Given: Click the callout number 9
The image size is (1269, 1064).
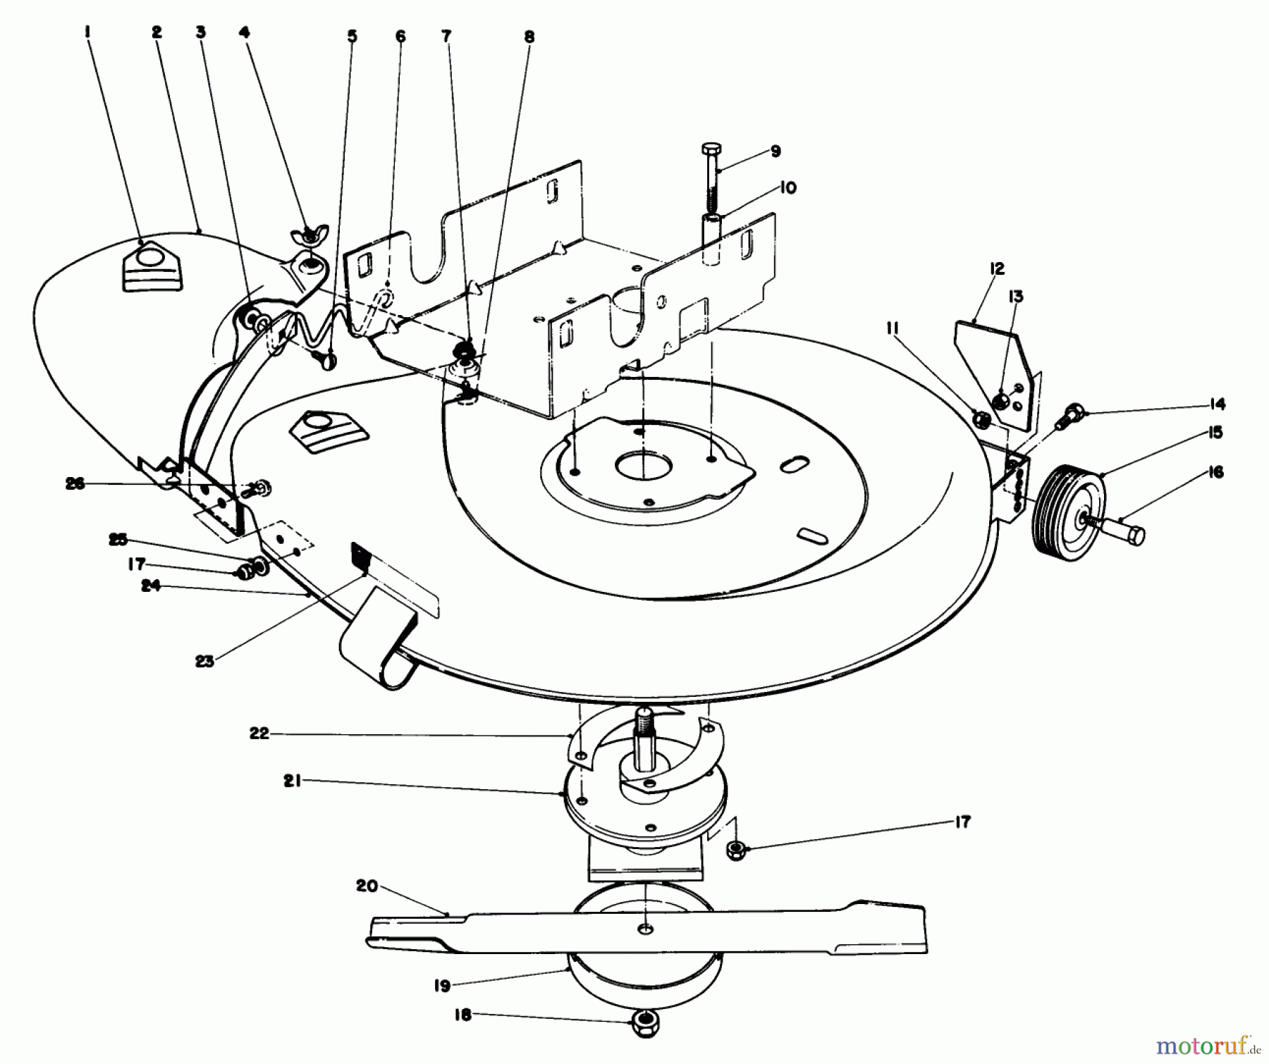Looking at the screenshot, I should (x=775, y=151).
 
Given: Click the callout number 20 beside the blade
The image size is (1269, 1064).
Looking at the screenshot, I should (x=367, y=886).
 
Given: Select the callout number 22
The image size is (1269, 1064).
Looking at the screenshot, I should (x=259, y=733).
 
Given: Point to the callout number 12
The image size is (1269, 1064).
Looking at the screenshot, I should (x=996, y=268).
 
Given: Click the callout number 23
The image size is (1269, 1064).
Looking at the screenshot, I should (x=204, y=662).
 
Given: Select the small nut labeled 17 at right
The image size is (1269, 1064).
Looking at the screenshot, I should (x=735, y=848).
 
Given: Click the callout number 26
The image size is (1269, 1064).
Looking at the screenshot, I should (x=75, y=483).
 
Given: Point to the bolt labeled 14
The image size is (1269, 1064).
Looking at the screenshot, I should (x=1072, y=412).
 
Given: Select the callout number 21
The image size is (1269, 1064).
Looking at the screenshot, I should (x=293, y=781).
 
